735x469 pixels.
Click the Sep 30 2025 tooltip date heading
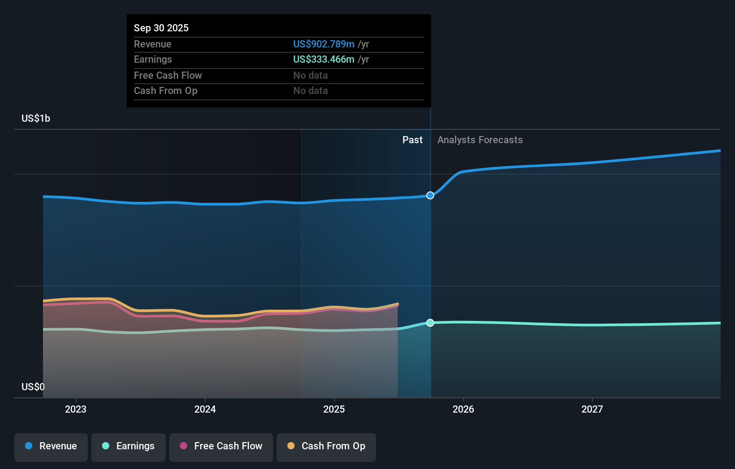[x=161, y=28]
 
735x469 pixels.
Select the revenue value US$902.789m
[x=324, y=44]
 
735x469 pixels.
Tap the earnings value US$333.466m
[x=324, y=59]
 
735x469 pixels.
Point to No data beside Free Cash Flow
[x=310, y=75]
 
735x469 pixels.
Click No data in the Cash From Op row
[x=310, y=90]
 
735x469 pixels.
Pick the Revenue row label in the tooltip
[x=152, y=44]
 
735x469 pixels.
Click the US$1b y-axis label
[x=36, y=118]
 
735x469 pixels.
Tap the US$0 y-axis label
[x=33, y=387]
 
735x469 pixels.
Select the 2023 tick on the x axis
[x=76, y=409]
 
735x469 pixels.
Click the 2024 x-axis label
[x=205, y=409]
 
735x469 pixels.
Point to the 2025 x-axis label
[x=334, y=409]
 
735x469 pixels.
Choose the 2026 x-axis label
[x=463, y=409]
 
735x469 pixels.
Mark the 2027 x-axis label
[x=592, y=409]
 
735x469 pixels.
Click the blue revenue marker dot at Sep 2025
[x=430, y=195]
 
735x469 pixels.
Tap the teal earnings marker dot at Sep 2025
[x=430, y=323]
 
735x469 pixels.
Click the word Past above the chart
[x=412, y=140]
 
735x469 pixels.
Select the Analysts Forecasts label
[x=480, y=140]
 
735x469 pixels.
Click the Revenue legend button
[x=51, y=446]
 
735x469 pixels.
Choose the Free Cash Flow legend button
[x=221, y=446]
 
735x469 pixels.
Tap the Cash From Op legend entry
[x=326, y=446]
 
